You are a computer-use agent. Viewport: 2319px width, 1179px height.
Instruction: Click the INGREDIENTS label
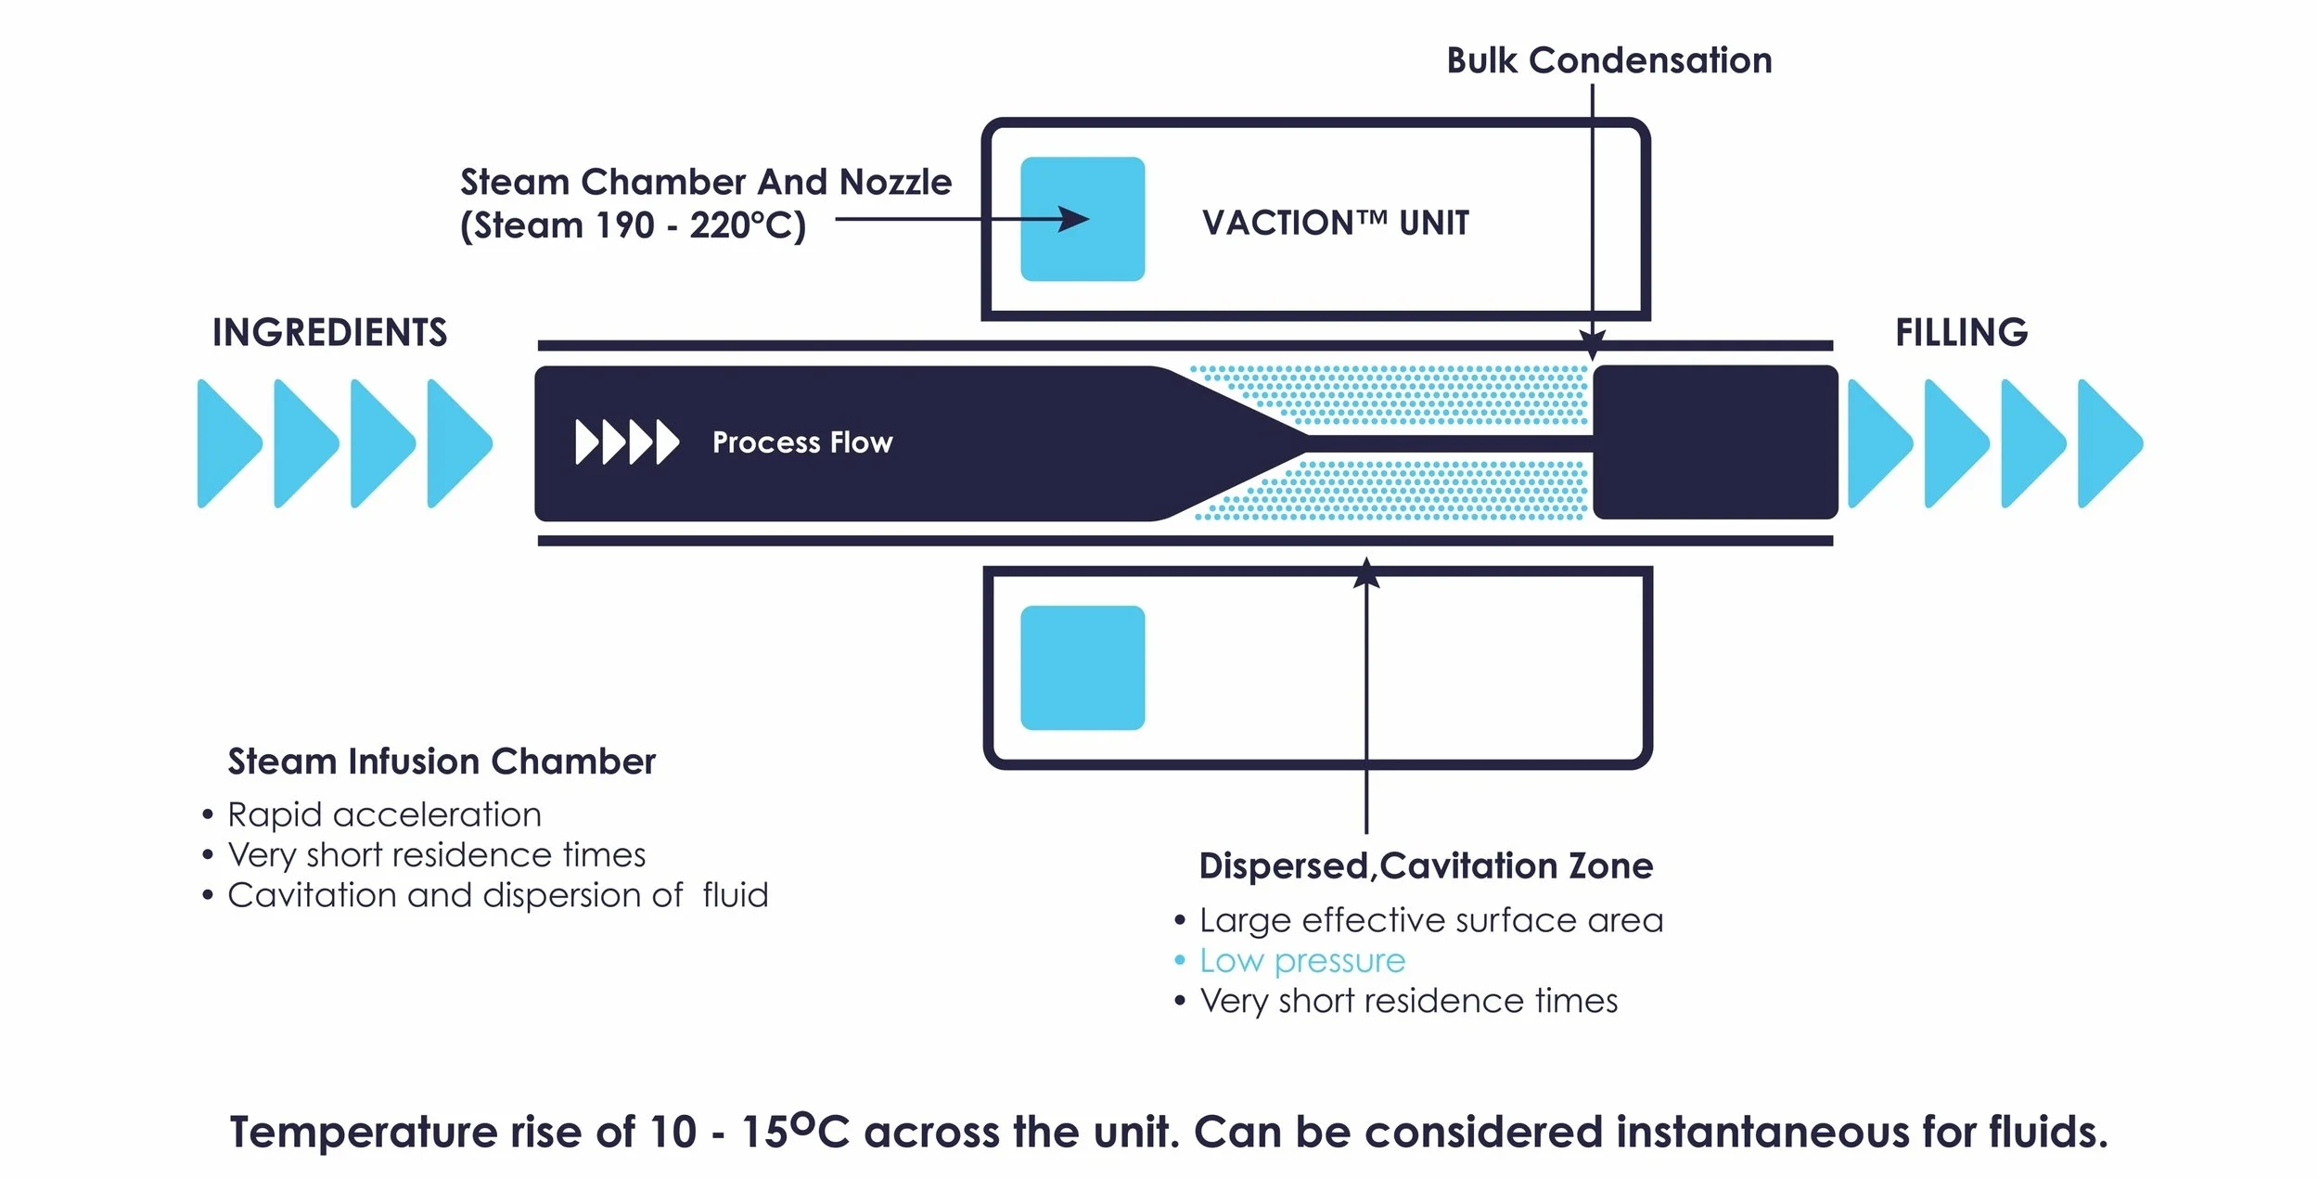click(329, 332)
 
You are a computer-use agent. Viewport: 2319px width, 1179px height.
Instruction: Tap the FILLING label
click(1961, 332)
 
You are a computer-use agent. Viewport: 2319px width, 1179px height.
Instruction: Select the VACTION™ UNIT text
click(1335, 223)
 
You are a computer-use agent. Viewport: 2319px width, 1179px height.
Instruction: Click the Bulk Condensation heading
click(1608, 60)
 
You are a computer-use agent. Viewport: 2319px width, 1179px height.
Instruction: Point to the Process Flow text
click(801, 442)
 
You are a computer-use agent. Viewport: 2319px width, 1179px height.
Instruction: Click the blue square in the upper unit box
click(1082, 219)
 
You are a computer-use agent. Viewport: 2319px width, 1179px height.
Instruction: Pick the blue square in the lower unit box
click(1082, 668)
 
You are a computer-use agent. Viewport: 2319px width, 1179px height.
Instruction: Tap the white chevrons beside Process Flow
click(626, 442)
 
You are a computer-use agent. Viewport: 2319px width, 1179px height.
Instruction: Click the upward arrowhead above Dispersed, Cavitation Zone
click(1365, 573)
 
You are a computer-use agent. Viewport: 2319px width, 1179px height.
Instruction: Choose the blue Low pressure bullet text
click(1301, 961)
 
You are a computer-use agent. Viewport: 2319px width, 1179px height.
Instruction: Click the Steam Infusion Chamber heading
click(442, 762)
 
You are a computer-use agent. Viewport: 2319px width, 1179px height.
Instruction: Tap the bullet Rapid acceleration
click(384, 814)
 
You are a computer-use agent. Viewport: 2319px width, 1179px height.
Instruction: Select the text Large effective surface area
click(1430, 920)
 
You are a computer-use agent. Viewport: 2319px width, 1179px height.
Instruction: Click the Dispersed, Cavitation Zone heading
click(1425, 865)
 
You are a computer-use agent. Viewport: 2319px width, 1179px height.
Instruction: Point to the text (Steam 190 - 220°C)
click(633, 225)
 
